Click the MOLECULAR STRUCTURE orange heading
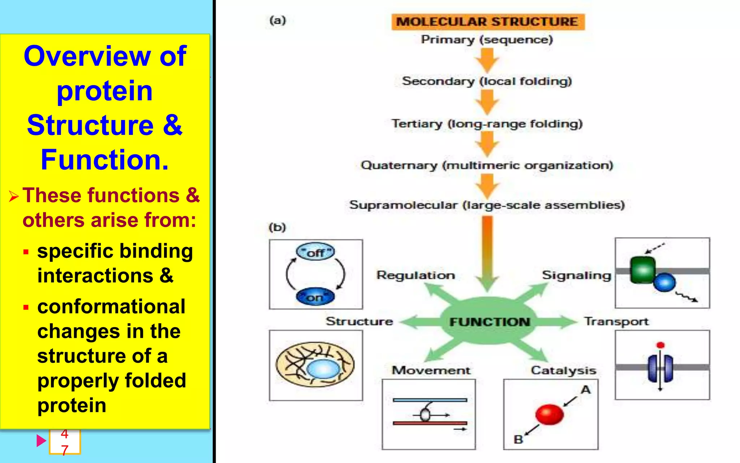pyautogui.click(x=487, y=22)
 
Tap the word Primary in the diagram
pyautogui.click(x=447, y=39)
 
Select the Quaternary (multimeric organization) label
pyautogui.click(x=487, y=166)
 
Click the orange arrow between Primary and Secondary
pyautogui.click(x=487, y=60)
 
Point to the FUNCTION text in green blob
pyautogui.click(x=490, y=322)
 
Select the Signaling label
pyautogui.click(x=576, y=276)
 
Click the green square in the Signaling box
pyautogui.click(x=642, y=269)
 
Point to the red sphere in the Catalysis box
pyautogui.click(x=549, y=414)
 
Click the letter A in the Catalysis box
pyautogui.click(x=586, y=390)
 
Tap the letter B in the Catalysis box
pyautogui.click(x=518, y=439)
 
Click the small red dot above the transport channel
pyautogui.click(x=661, y=345)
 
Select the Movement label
pyautogui.click(x=431, y=370)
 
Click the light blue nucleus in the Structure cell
pyautogui.click(x=323, y=369)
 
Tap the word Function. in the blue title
pyautogui.click(x=105, y=160)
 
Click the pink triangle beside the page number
pyautogui.click(x=41, y=441)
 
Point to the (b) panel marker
pyautogui.click(x=277, y=228)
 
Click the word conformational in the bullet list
pyautogui.click(x=111, y=307)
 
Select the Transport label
pyautogui.click(x=616, y=322)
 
